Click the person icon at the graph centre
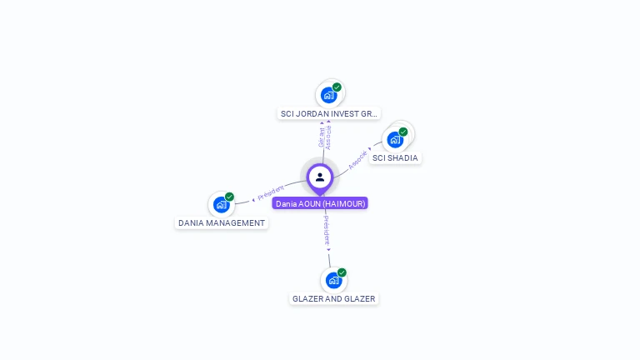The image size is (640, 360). pyautogui.click(x=320, y=177)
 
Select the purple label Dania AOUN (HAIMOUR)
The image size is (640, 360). pyautogui.click(x=320, y=203)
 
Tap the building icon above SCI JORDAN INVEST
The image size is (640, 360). pyautogui.click(x=328, y=95)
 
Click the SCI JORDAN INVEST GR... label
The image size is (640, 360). pyautogui.click(x=328, y=113)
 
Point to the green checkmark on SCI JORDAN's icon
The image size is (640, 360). pyautogui.click(x=337, y=87)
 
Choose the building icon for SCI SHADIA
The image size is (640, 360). pyautogui.click(x=395, y=139)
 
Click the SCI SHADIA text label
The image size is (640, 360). pyautogui.click(x=395, y=157)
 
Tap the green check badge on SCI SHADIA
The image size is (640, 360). pyautogui.click(x=403, y=132)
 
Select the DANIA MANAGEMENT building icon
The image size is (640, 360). pyautogui.click(x=221, y=204)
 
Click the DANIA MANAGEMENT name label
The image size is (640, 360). pyautogui.click(x=222, y=223)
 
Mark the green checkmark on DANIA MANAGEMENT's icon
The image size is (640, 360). pyautogui.click(x=229, y=197)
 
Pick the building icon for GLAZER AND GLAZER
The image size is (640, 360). pyautogui.click(x=333, y=280)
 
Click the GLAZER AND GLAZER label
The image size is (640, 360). pyautogui.click(x=333, y=298)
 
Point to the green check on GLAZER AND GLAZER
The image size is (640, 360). pyautogui.click(x=342, y=272)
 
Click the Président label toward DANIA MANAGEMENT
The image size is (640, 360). pyautogui.click(x=271, y=193)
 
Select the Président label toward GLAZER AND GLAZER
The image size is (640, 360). pyautogui.click(x=327, y=230)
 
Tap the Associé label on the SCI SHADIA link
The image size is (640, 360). pyautogui.click(x=357, y=160)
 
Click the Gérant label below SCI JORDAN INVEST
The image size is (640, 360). pyautogui.click(x=322, y=137)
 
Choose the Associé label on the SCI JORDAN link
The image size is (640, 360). pyautogui.click(x=328, y=137)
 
